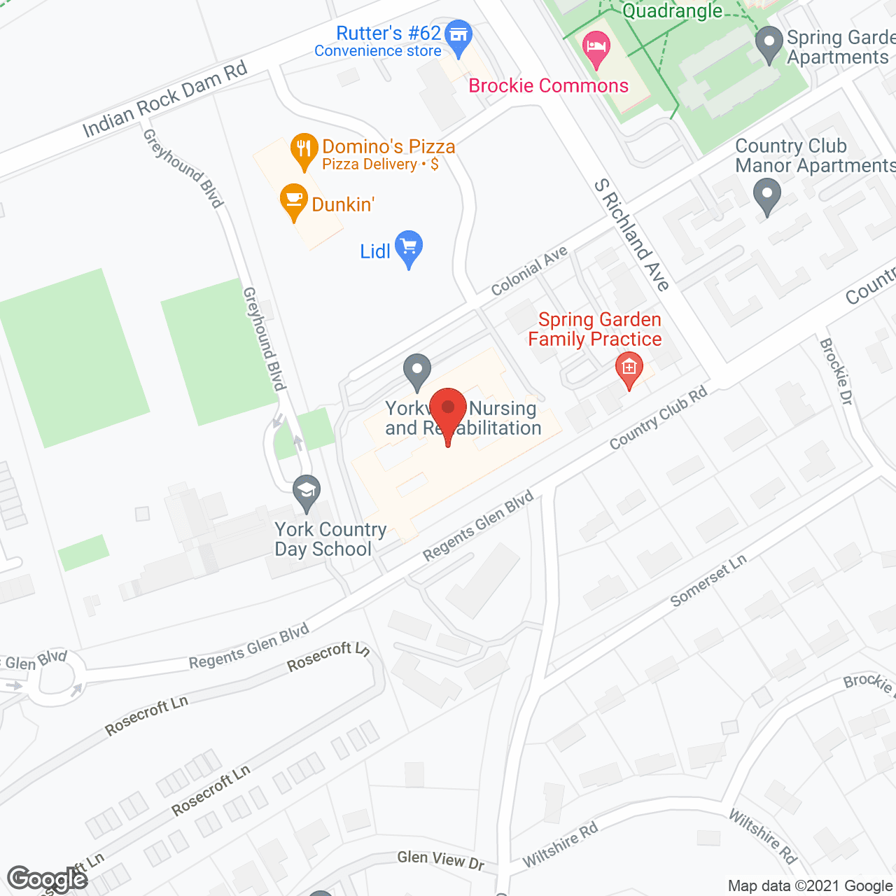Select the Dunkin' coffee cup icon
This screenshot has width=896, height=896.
293,202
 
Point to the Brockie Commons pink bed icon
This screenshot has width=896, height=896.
596,49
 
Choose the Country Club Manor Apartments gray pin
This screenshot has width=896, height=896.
767,196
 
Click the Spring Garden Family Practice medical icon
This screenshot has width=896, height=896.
629,368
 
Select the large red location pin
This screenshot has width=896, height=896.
448,413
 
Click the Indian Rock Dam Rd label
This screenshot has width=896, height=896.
165,99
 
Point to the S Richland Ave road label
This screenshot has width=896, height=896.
632,234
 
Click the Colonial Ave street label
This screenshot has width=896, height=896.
529,272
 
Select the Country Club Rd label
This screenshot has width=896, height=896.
658,418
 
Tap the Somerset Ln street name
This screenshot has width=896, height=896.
708,580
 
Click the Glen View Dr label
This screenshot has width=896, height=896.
440,860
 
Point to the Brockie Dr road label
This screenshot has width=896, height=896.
836,371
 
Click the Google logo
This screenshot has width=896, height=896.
48,879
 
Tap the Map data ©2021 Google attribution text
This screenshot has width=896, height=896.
811,886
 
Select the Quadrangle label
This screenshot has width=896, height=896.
672,10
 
